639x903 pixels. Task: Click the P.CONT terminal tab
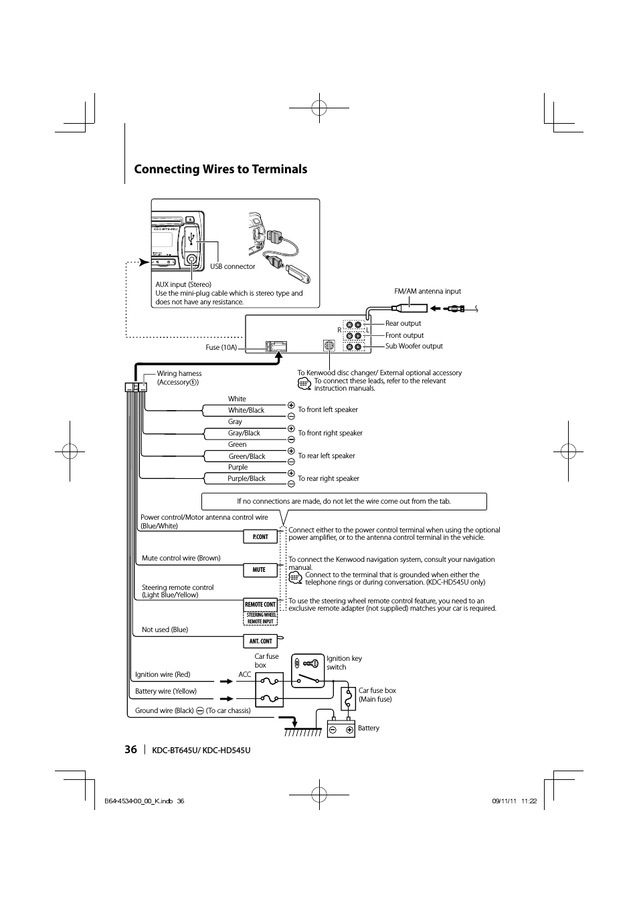coord(260,536)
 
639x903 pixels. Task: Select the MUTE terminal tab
coord(259,570)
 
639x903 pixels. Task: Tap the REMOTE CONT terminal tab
coord(260,604)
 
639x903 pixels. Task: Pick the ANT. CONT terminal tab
coord(260,641)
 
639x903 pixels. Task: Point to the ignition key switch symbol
coord(308,671)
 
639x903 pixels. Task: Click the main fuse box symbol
coord(348,699)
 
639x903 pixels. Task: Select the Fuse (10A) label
coord(221,348)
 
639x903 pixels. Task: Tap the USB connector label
coord(232,266)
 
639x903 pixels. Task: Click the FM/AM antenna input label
coord(428,292)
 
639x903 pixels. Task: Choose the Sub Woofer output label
coord(414,346)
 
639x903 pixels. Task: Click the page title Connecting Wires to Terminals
coord(220,169)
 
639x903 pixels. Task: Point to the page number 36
coord(130,749)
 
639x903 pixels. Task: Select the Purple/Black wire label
coord(246,478)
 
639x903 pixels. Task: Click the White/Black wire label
coord(246,410)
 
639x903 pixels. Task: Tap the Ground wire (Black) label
coord(164,710)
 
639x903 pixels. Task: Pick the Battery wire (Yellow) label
coord(165,691)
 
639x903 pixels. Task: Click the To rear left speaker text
coord(327,456)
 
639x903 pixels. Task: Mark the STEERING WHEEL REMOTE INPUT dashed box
coord(260,618)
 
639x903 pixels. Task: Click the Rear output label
coord(403,324)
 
